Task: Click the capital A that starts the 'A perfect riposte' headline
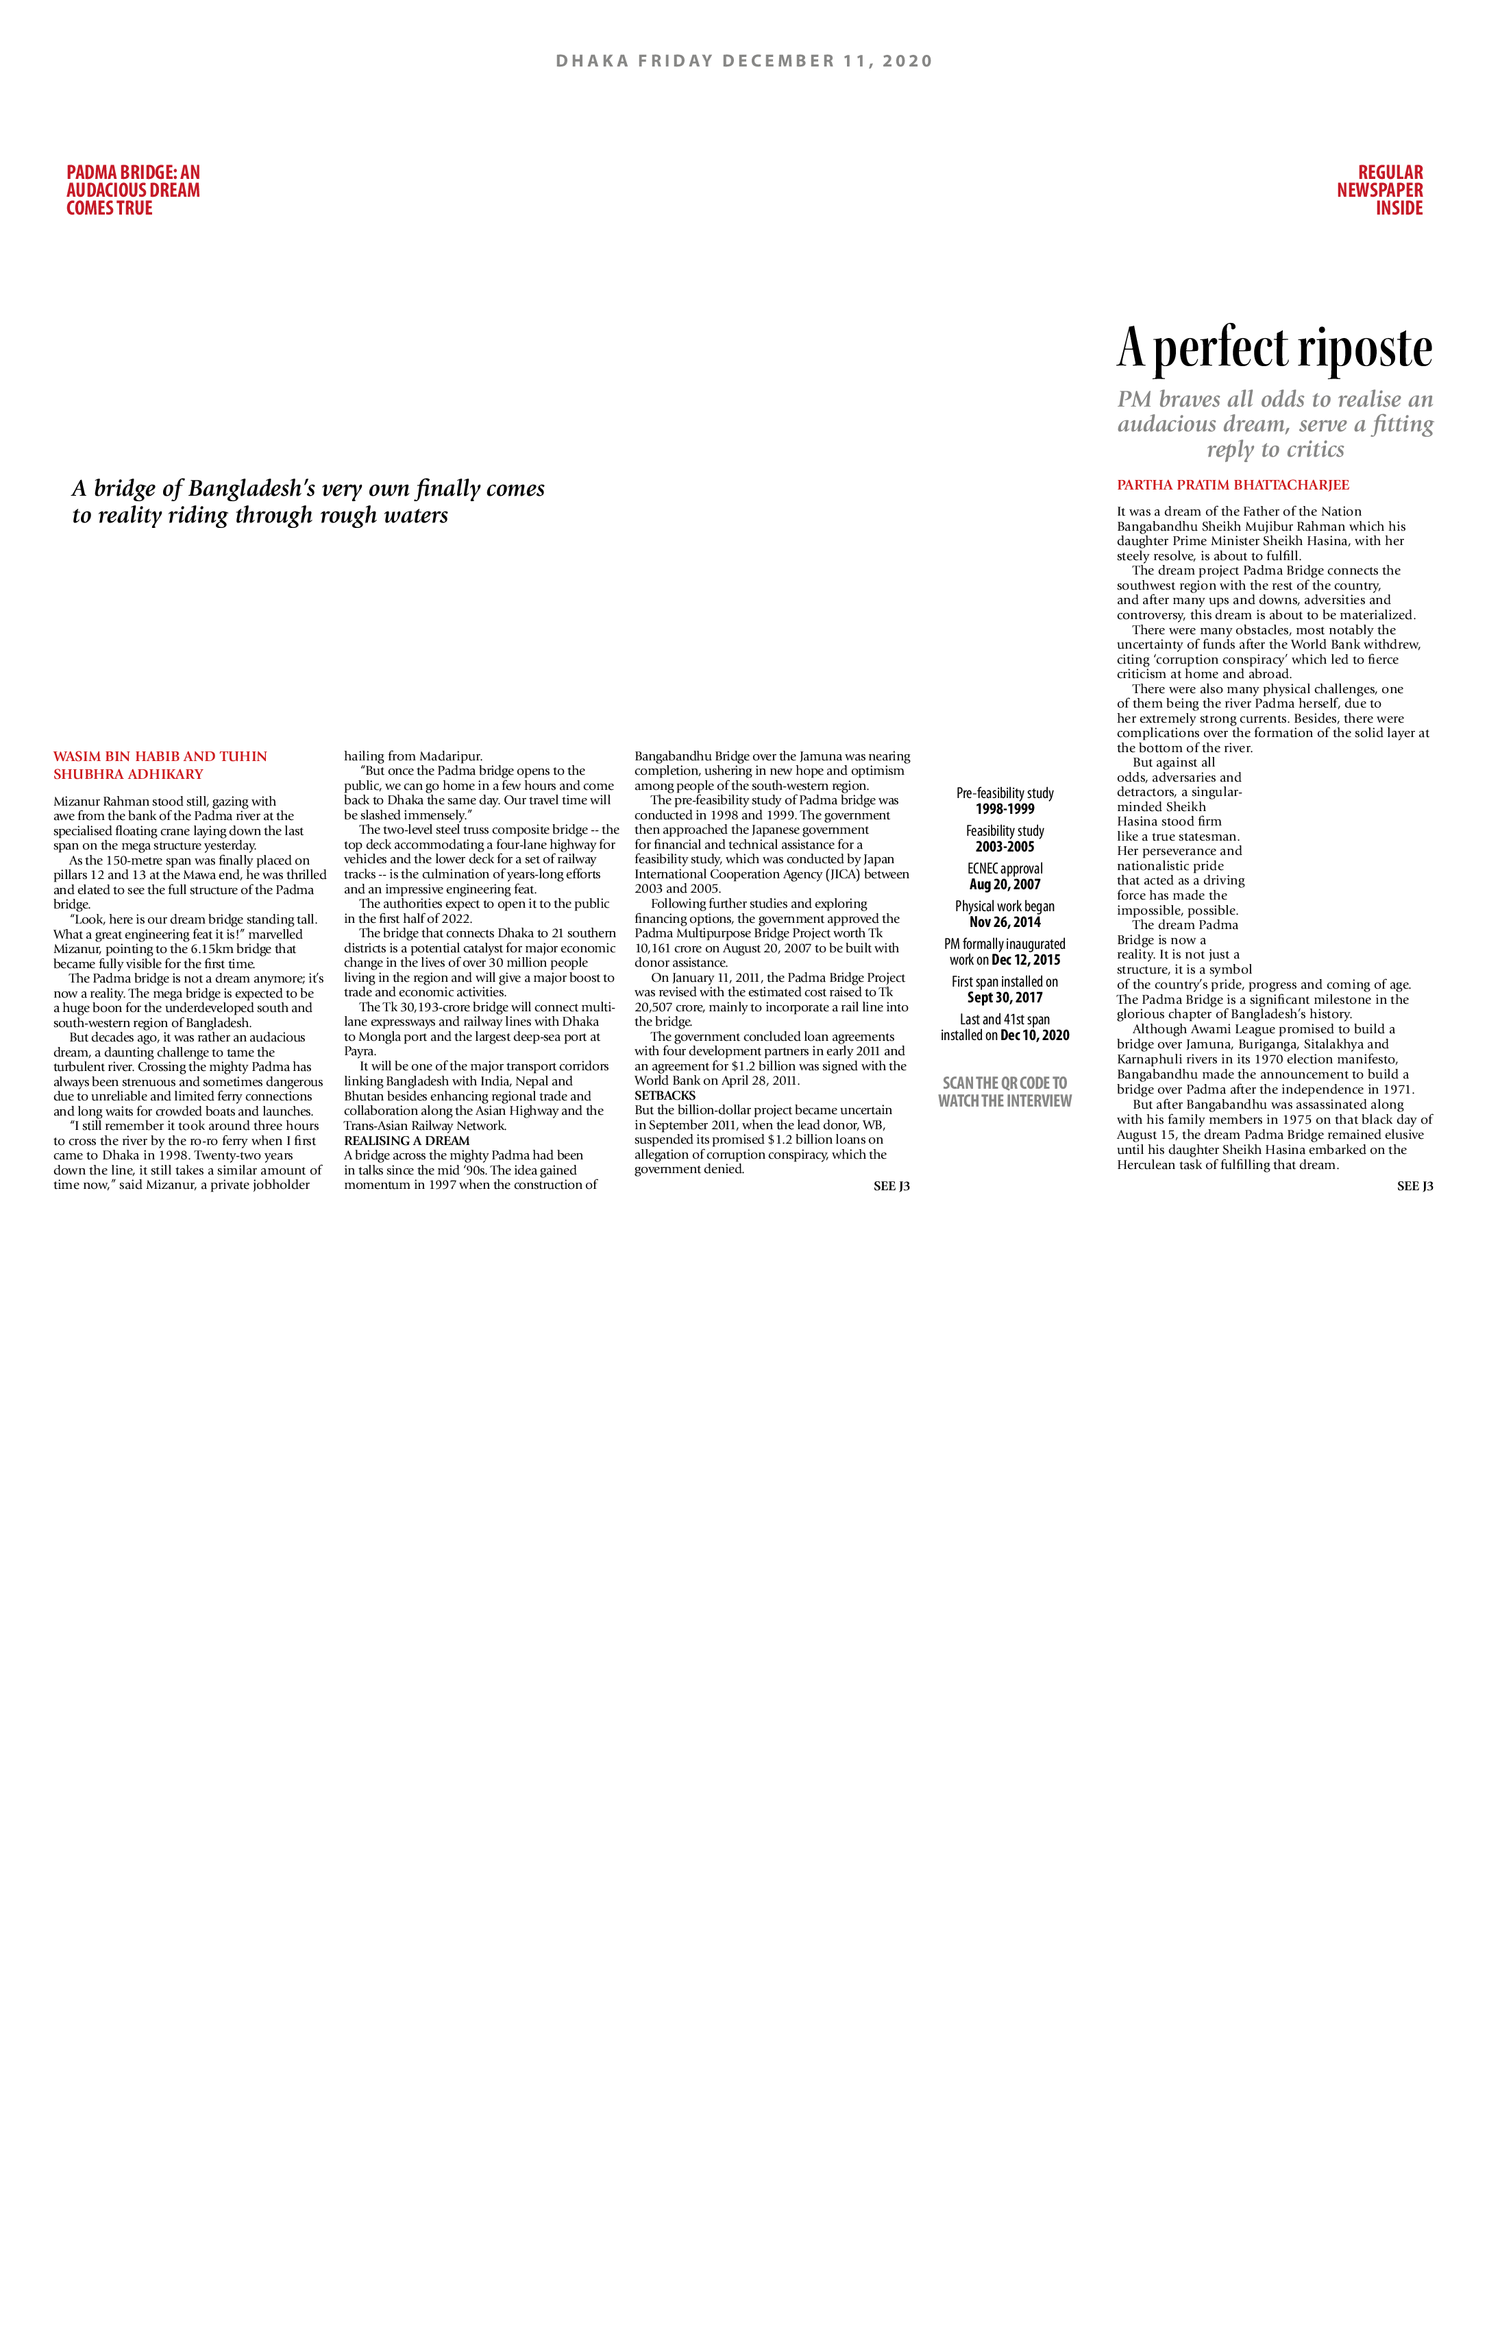[x=1131, y=348]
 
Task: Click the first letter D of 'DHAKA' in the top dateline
[x=562, y=61]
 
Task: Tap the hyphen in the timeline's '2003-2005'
[x=1005, y=847]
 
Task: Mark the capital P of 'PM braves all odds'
[x=1126, y=400]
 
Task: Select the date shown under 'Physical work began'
[x=1005, y=922]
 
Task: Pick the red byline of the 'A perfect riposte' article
[x=1233, y=485]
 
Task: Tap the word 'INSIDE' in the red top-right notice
[x=1399, y=208]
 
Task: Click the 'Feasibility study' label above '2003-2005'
[x=1005, y=830]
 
